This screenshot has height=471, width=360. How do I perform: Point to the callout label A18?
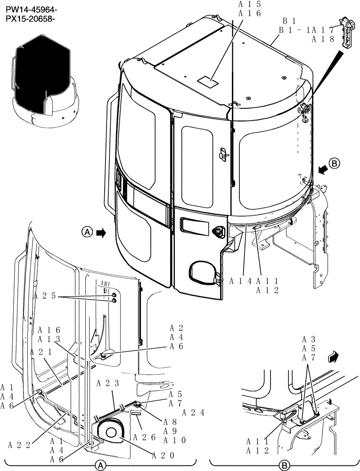[323, 40]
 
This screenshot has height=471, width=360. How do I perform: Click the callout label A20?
[164, 455]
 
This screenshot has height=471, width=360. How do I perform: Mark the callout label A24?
[193, 413]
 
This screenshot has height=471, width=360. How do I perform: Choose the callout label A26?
[145, 438]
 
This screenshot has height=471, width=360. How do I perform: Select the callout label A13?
[49, 339]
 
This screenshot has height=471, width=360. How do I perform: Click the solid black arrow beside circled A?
[100, 232]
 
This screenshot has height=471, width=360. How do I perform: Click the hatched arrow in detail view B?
[334, 357]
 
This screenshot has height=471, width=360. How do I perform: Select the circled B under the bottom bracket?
[284, 465]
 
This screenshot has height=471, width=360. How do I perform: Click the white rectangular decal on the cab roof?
[207, 81]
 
